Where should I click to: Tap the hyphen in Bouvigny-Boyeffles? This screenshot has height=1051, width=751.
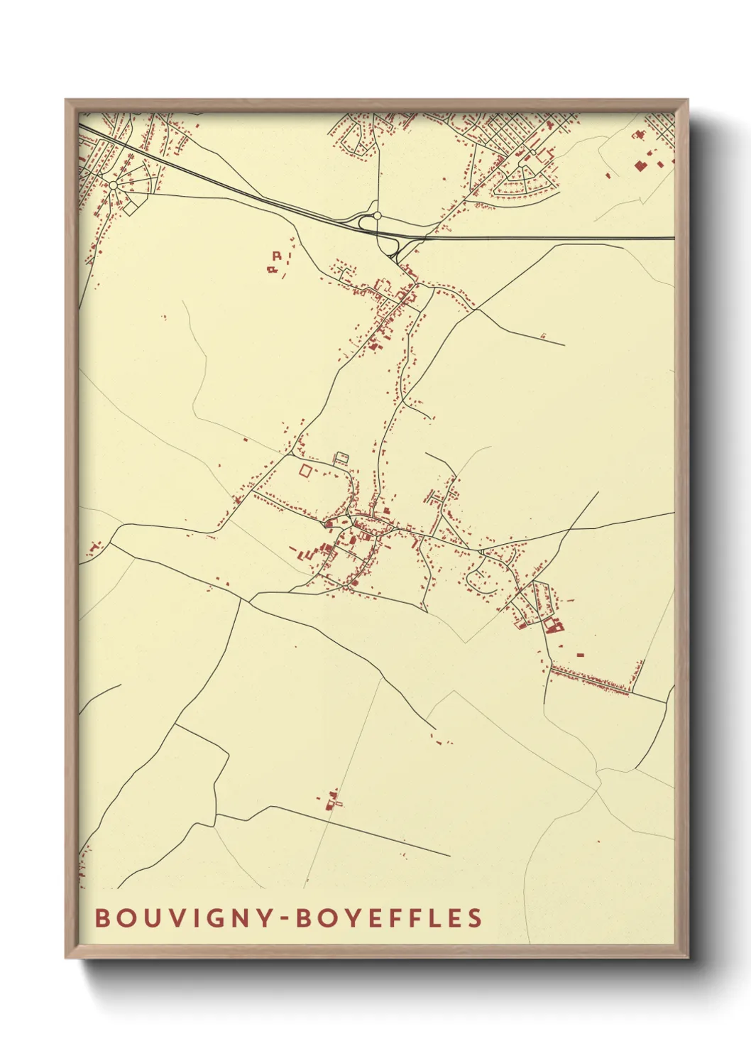283,918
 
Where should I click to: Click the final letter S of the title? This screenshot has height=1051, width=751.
474,917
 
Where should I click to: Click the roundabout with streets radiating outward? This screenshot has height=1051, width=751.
114,185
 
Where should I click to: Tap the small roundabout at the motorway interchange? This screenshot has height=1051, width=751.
378,215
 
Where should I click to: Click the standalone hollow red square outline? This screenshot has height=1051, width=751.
305,470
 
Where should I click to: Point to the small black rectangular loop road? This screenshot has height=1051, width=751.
342,458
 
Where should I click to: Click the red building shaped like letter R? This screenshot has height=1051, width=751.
277,256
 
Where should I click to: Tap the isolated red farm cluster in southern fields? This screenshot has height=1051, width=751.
332,801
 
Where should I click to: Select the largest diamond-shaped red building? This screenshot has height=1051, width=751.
640,165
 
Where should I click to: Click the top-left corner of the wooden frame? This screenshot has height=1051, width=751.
66,100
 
